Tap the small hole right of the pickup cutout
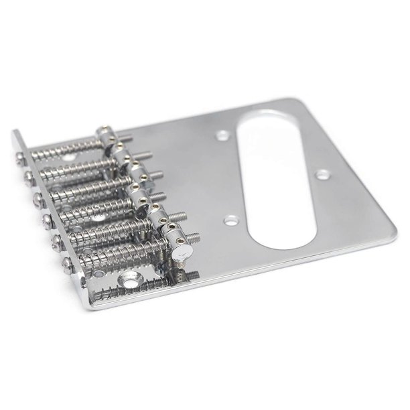(x=323, y=174)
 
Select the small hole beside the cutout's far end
(x=223, y=137)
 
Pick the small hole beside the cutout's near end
(x=231, y=219)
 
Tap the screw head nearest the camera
(x=66, y=263)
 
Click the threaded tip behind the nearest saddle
(x=190, y=274)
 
